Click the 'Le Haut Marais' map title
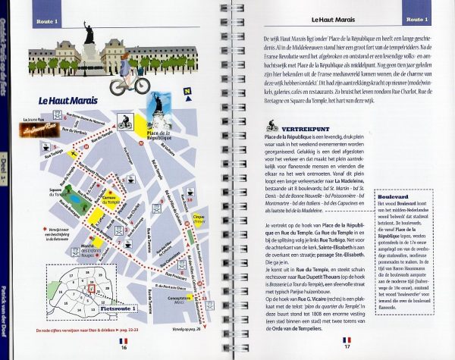[69, 99]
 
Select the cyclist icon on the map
[125, 121]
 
